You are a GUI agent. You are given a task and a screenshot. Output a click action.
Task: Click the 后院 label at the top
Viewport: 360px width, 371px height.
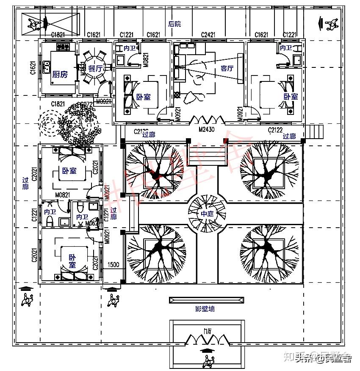coord(174,24)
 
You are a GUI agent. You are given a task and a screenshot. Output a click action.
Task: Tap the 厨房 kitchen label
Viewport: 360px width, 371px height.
coord(60,75)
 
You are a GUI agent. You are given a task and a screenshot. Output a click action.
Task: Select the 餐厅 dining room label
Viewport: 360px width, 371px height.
coord(95,68)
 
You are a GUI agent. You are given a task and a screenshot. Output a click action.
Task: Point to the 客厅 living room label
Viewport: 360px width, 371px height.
coord(227,68)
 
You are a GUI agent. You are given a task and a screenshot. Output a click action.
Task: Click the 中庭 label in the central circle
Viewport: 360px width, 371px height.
coord(207,214)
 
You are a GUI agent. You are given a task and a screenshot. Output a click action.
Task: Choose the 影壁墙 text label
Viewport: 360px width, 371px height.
coord(205,309)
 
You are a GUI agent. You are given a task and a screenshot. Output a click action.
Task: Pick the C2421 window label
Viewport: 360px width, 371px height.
coord(208,35)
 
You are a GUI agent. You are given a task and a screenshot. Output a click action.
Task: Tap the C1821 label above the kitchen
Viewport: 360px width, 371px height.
coord(58,35)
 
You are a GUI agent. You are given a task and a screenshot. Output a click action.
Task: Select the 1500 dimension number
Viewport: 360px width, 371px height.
coord(113,265)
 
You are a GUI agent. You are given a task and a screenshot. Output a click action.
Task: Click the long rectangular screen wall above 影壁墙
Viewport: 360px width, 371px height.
coord(207,300)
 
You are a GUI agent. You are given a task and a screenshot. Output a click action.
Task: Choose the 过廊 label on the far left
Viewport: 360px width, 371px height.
coord(26,184)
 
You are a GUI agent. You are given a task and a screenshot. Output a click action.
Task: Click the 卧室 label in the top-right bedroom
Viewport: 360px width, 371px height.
coord(291,97)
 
